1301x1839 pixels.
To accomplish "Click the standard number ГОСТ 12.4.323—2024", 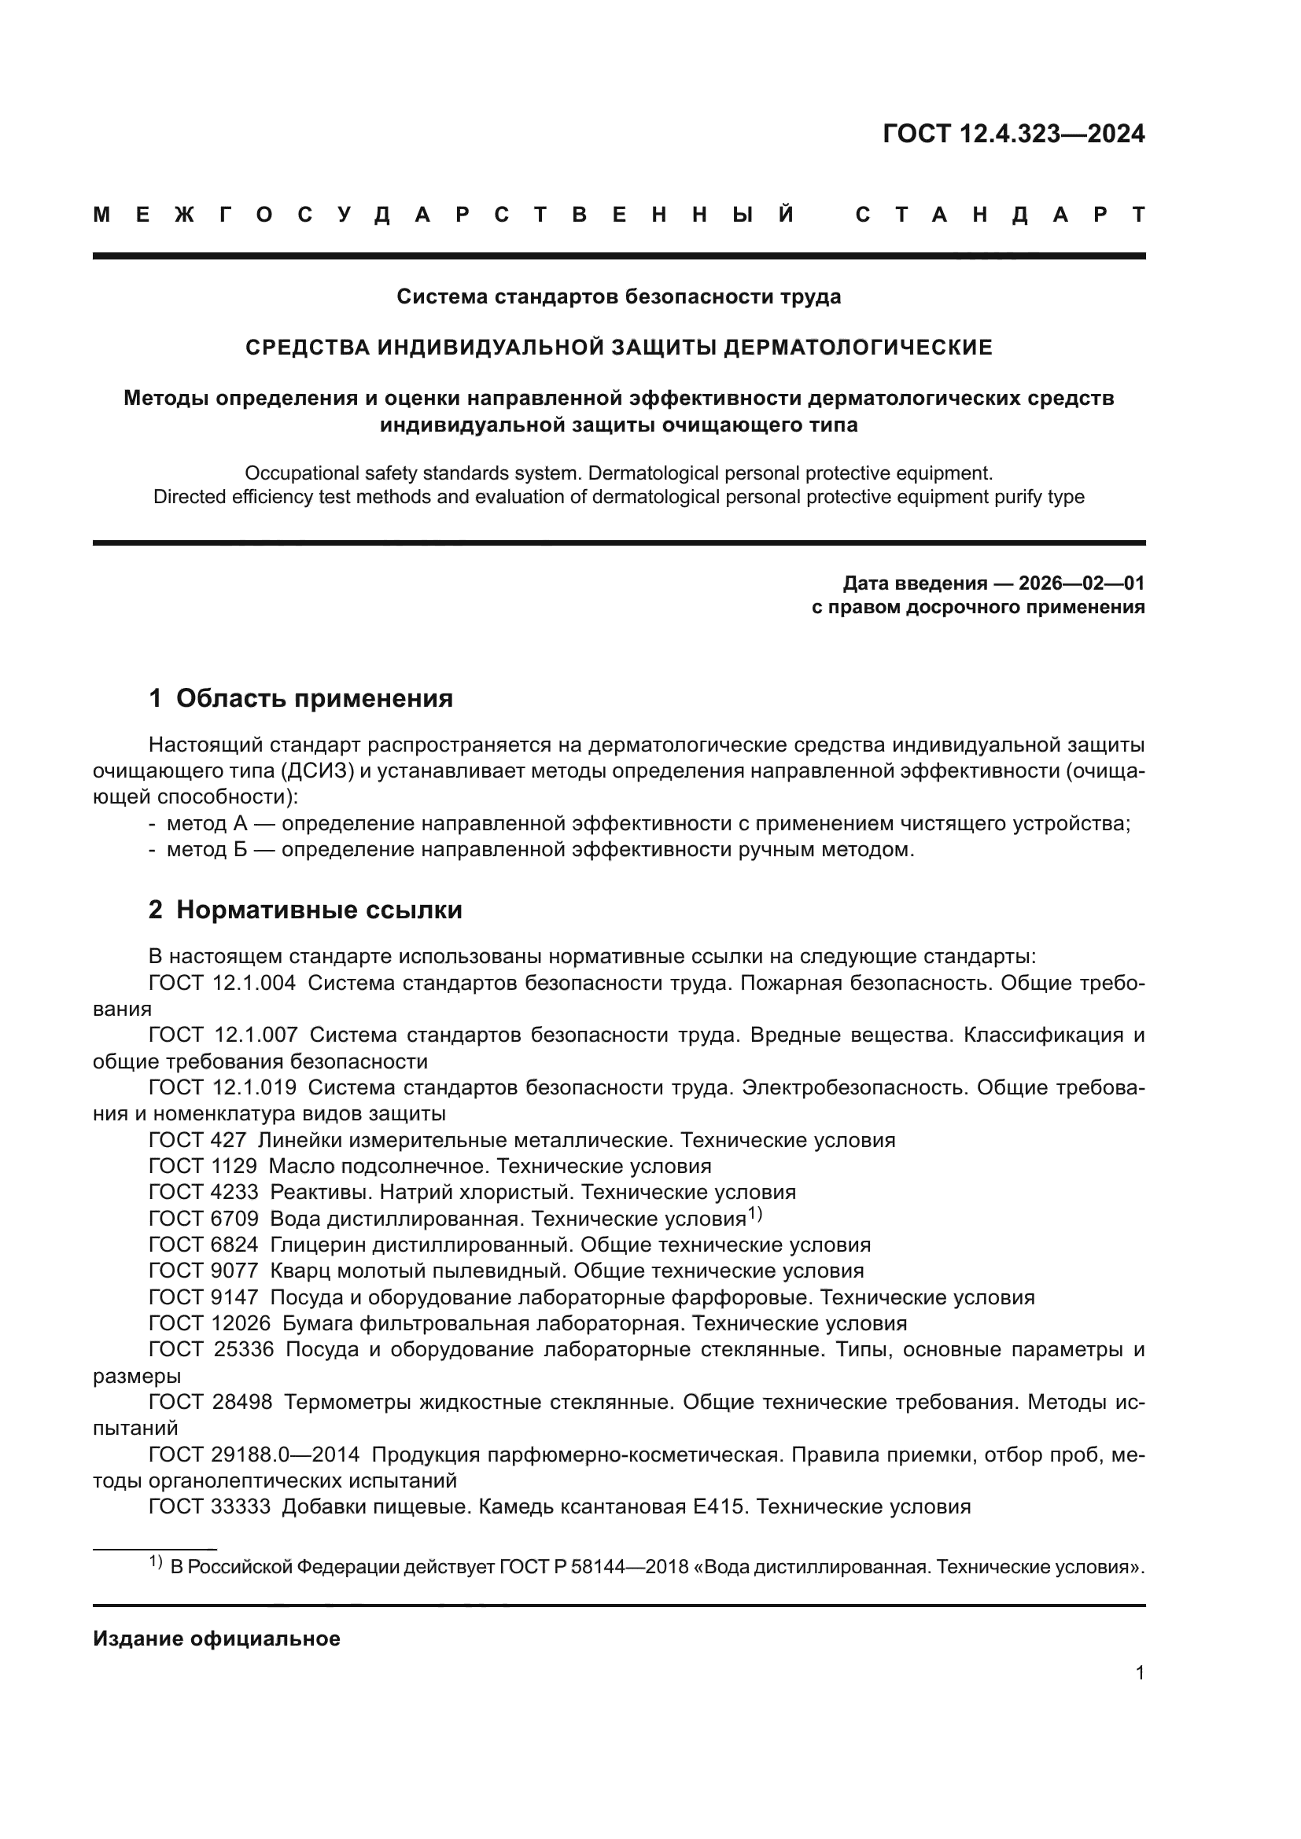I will tap(1013, 134).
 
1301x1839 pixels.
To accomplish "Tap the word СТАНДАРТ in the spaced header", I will tap(1001, 215).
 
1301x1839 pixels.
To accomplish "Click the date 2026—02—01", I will tap(1082, 583).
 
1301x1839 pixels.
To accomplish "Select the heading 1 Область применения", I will tap(300, 697).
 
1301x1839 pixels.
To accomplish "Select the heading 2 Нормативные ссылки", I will tap(305, 909).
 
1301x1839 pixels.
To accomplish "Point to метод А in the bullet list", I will tap(205, 823).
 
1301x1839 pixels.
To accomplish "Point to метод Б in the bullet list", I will tap(205, 849).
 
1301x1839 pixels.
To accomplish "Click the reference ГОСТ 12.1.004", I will tap(222, 983).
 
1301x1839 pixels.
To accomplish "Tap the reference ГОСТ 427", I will tap(197, 1140).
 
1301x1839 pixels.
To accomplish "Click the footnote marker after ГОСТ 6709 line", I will tap(754, 1214).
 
